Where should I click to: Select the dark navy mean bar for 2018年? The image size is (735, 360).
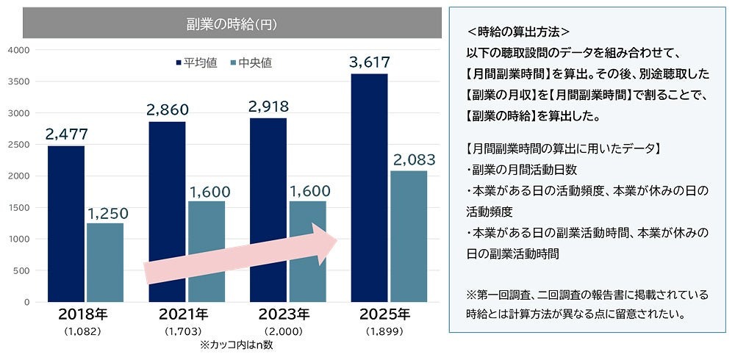coord(66,223)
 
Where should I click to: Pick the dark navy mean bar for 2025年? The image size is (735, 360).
coord(370,187)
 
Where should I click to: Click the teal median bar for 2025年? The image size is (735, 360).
coord(409,236)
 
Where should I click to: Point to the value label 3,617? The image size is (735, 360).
coord(370,62)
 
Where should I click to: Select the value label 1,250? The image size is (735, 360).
coord(107,213)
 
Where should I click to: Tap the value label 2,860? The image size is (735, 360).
coord(168,110)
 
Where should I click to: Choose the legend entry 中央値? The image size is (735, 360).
coord(251,62)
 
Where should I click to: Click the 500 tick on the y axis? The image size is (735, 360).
coord(21,270)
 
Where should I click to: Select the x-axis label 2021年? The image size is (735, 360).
coord(183,315)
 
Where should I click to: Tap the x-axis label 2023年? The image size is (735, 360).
coord(284,315)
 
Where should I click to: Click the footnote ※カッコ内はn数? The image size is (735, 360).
coord(235,345)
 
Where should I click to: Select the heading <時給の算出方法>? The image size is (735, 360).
coord(519,33)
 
